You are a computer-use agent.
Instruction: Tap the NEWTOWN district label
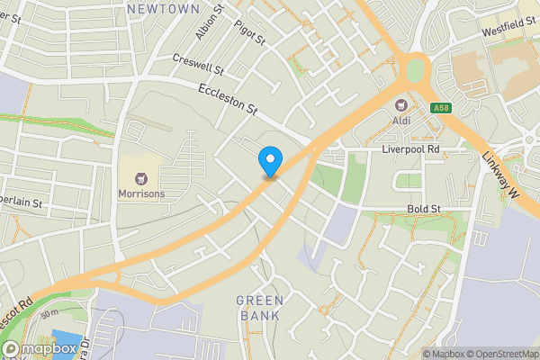163,8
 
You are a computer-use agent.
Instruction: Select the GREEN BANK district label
261,308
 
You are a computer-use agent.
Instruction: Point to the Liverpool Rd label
409,148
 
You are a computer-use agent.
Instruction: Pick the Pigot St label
249,33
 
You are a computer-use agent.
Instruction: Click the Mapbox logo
40,347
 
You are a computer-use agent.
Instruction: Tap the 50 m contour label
49,312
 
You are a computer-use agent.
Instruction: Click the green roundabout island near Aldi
415,69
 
